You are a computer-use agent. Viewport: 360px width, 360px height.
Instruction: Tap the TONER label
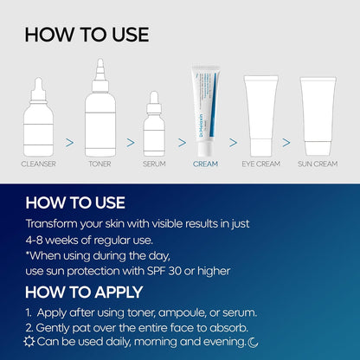point(100,163)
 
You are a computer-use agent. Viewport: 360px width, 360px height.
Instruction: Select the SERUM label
point(154,163)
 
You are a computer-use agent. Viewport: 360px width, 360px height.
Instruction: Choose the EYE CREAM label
point(262,163)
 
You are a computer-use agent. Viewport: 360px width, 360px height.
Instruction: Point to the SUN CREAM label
point(317,163)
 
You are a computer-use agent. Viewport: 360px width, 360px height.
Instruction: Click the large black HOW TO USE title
point(87,35)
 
